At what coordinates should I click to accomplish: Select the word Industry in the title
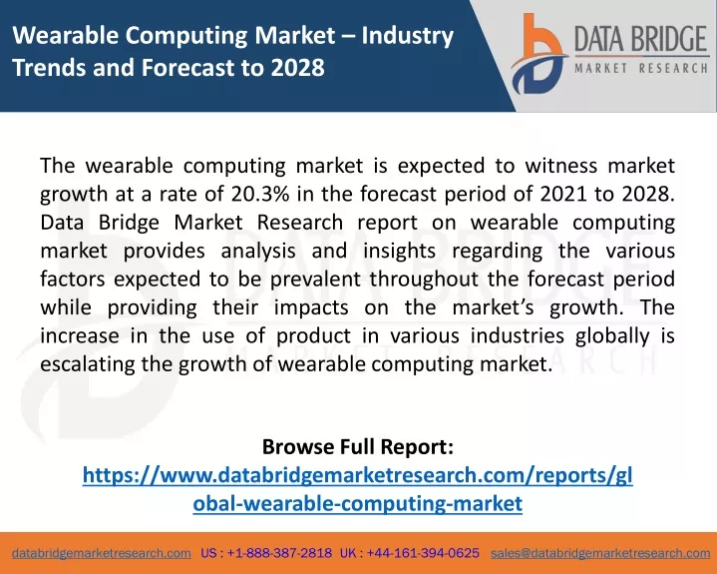tap(408, 37)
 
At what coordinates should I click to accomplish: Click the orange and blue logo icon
tap(539, 54)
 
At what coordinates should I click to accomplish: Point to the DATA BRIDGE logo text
tap(641, 39)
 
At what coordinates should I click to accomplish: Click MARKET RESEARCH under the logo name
tap(641, 69)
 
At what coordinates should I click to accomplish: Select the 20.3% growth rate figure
tap(260, 194)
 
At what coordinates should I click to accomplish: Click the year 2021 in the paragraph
tap(563, 194)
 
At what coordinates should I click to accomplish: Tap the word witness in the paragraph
tap(561, 166)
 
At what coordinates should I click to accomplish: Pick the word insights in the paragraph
tap(399, 251)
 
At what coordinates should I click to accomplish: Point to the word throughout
tap(424, 280)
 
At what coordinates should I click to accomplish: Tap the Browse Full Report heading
tap(358, 447)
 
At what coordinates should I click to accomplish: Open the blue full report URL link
tap(358, 489)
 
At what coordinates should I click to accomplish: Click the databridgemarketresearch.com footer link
tap(102, 553)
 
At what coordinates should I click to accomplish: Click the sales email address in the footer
tap(600, 553)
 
